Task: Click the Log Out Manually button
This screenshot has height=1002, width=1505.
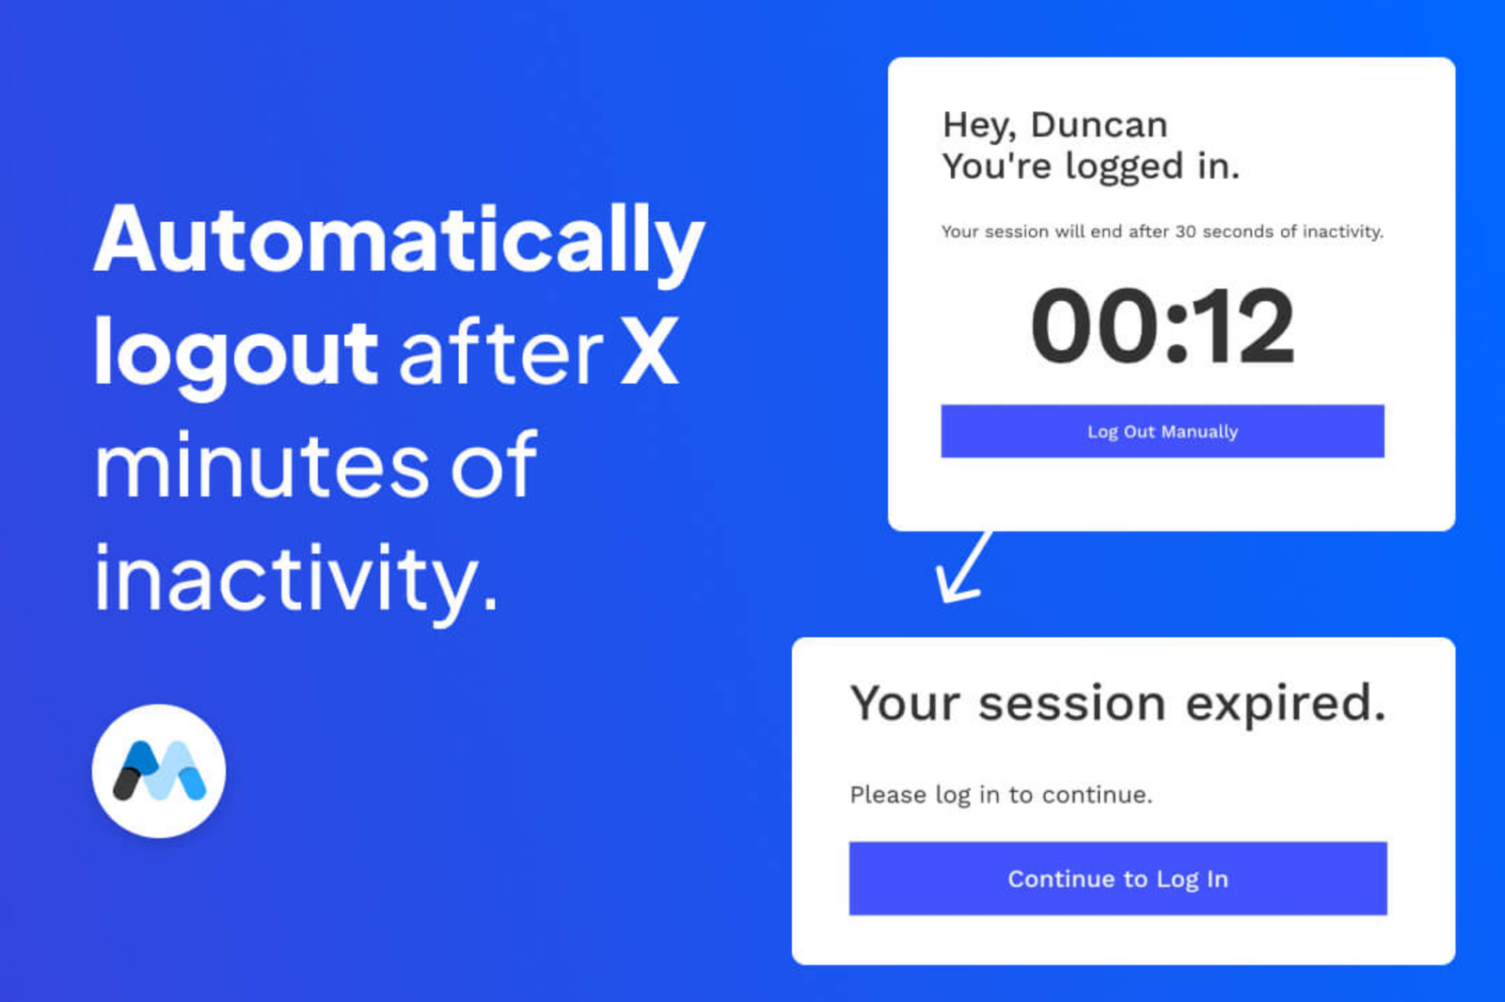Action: tap(1163, 431)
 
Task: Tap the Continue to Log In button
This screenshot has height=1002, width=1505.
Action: tap(1118, 879)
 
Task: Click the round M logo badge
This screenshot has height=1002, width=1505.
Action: tap(159, 771)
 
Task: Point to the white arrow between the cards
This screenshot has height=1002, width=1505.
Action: tap(963, 566)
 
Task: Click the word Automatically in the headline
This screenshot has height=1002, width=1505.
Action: tap(399, 244)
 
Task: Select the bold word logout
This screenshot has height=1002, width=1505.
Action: tap(235, 355)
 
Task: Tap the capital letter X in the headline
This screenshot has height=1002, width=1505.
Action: tap(648, 351)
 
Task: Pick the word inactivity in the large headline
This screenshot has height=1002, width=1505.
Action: tap(295, 582)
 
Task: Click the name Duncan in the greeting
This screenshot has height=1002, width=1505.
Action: tap(1100, 125)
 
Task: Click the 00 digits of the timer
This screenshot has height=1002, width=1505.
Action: tap(1095, 326)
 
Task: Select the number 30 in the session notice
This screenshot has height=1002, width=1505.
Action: tap(1185, 231)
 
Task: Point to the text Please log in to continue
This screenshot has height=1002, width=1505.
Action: tap(1001, 796)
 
